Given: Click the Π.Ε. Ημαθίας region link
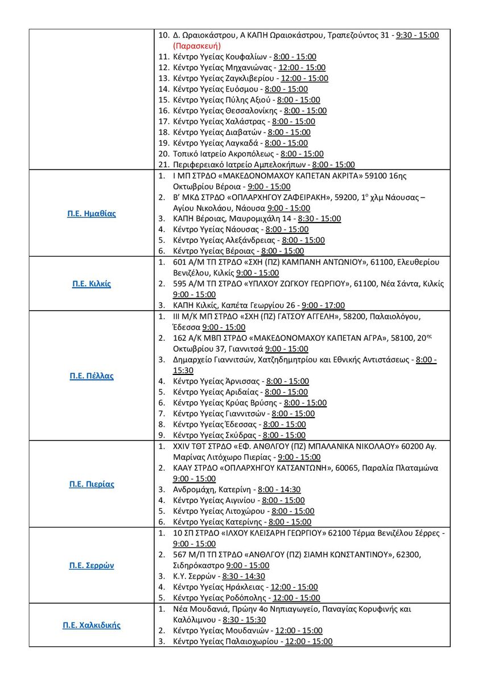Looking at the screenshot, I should (92, 214).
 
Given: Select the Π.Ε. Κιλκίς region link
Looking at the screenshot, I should (92, 283).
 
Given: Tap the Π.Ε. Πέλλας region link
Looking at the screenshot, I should (92, 376).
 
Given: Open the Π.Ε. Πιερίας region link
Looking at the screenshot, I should (92, 484).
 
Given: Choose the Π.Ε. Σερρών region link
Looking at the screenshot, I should (92, 566).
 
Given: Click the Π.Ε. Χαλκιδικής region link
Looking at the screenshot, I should (92, 625).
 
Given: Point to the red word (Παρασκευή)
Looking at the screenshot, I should (197, 46).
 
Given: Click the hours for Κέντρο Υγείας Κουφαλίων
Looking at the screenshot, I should (295, 57).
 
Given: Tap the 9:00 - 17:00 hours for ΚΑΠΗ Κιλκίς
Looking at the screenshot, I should (323, 306).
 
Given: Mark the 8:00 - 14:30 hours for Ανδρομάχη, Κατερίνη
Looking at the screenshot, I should (279, 489).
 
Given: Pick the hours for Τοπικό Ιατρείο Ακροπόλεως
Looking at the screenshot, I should (302, 154).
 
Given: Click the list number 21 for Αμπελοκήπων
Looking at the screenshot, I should (164, 165).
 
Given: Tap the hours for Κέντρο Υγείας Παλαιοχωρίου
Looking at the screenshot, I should (309, 641).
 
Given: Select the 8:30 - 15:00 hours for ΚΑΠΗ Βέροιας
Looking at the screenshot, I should (319, 219).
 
